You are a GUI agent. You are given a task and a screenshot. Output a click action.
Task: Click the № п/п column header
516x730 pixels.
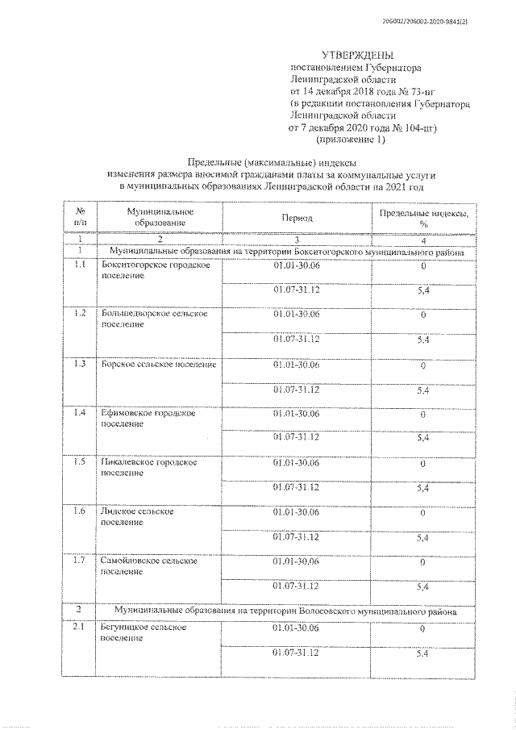pos(81,216)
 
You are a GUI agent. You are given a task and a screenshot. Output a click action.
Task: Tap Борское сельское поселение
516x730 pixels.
pos(158,365)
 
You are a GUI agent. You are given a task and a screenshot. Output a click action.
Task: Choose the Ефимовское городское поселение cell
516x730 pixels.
pos(148,418)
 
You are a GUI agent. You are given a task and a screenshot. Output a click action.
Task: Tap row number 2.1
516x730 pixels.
pos(79,627)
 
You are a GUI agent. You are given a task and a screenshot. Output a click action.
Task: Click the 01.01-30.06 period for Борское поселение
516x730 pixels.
pos(298,365)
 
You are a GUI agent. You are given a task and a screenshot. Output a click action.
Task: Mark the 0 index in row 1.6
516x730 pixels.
pos(422,512)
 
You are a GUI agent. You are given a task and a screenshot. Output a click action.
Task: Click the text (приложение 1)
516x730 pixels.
pos(351,140)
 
